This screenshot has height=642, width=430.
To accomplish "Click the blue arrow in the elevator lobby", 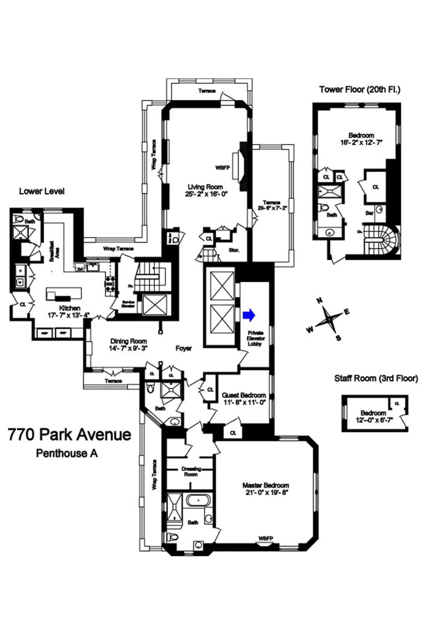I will (249, 315).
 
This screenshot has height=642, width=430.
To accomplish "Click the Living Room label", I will (205, 187).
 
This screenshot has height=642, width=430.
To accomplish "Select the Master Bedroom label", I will (266, 485).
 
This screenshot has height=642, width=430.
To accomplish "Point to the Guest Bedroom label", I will (244, 395).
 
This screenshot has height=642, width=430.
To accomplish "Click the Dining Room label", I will (128, 341).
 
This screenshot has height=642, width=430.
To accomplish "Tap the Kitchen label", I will (70, 308).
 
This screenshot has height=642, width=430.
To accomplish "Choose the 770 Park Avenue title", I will (70, 434).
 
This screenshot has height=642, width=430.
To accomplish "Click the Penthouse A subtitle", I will (67, 453).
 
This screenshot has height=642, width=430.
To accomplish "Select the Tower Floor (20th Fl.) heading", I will (359, 90).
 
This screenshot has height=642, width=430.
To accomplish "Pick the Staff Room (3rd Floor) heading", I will (376, 378).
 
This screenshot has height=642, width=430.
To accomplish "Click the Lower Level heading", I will (42, 191).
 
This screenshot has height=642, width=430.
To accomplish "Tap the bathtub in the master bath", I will (198, 500).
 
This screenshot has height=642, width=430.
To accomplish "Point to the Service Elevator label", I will (128, 304).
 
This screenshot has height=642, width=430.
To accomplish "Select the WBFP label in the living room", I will (222, 167).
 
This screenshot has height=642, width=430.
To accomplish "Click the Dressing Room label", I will (191, 471).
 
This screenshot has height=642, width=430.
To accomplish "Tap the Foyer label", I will (183, 348).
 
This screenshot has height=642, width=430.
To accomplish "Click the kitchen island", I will (64, 294).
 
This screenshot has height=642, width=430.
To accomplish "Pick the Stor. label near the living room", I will (234, 250).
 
